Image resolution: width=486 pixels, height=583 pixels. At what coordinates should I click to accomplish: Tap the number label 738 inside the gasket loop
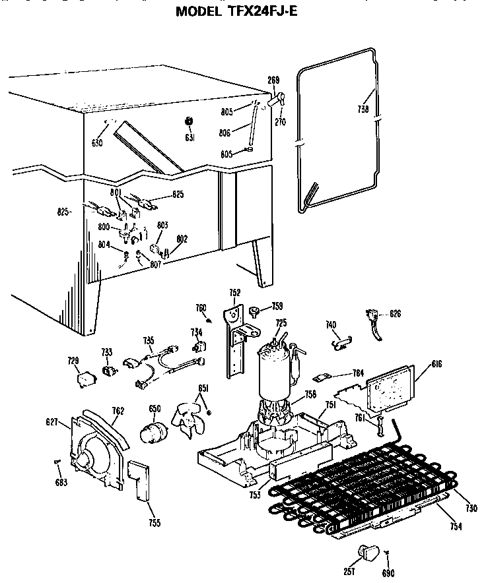click(363, 110)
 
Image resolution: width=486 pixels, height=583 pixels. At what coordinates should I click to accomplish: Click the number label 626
click(395, 313)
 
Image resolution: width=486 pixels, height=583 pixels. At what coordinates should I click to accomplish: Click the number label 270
click(281, 122)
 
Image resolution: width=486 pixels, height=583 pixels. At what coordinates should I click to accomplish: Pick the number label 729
click(73, 360)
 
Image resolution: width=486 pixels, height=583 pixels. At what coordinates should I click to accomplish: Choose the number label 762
click(118, 410)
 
